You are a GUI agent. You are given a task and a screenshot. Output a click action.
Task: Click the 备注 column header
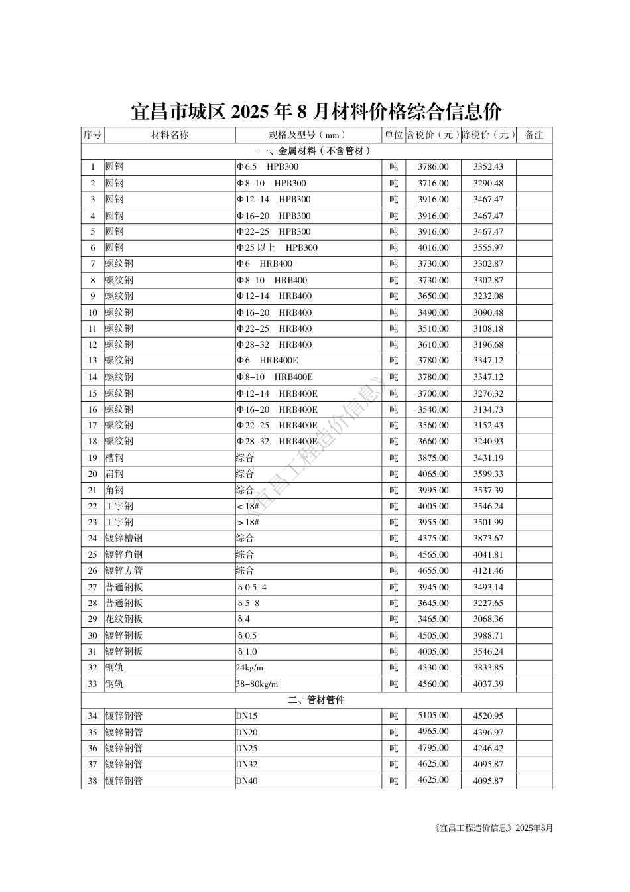[534, 135]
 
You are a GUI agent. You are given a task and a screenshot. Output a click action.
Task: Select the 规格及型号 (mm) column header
[308, 135]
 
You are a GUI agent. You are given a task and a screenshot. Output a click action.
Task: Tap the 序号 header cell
[93, 135]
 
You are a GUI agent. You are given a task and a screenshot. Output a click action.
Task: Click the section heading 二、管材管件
[316, 700]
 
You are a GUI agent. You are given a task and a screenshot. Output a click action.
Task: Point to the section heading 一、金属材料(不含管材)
[316, 151]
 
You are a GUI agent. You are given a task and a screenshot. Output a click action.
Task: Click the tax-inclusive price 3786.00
[433, 167]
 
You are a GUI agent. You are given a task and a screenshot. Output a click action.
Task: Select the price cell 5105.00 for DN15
[433, 716]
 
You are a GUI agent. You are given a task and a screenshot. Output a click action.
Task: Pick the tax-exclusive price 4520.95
[488, 716]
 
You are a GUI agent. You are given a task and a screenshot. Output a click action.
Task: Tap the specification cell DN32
[247, 765]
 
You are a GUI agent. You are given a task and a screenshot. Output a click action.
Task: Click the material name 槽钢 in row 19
[114, 458]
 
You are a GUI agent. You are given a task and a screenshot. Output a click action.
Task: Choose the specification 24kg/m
[249, 668]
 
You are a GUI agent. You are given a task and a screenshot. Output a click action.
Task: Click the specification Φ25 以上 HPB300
[277, 248]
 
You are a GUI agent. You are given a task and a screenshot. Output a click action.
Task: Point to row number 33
[93, 684]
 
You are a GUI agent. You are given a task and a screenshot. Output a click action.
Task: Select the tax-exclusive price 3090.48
[488, 312]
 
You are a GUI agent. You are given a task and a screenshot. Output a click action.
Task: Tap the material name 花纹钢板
[124, 619]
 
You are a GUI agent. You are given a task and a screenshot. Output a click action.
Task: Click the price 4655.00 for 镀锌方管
[433, 570]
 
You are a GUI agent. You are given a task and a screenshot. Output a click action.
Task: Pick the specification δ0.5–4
[252, 587]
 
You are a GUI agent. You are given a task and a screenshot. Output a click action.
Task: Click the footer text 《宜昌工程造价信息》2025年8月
[491, 828]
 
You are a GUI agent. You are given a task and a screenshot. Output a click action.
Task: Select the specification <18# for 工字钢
[247, 506]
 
